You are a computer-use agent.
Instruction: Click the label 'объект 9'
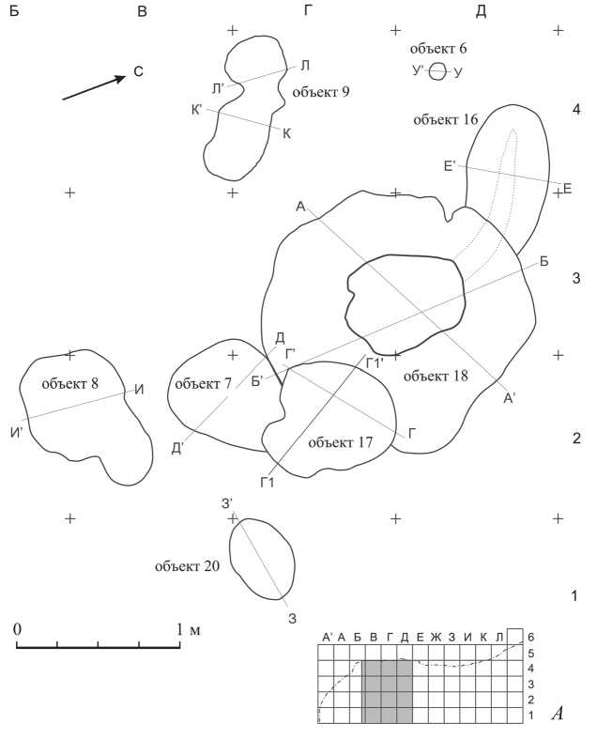coord(321,91)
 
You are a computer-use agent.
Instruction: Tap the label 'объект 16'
coord(446,119)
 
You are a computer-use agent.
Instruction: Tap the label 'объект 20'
coord(188,566)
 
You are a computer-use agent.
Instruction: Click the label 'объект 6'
coord(438,48)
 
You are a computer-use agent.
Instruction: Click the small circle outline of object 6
coord(436,71)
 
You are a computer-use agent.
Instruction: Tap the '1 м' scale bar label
coord(189,628)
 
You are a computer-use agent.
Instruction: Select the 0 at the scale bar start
coord(18,628)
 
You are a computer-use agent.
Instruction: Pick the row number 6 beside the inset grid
coord(531,636)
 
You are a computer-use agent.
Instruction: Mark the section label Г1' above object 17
coord(374,362)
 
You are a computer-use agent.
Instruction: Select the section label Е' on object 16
coord(450,166)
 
